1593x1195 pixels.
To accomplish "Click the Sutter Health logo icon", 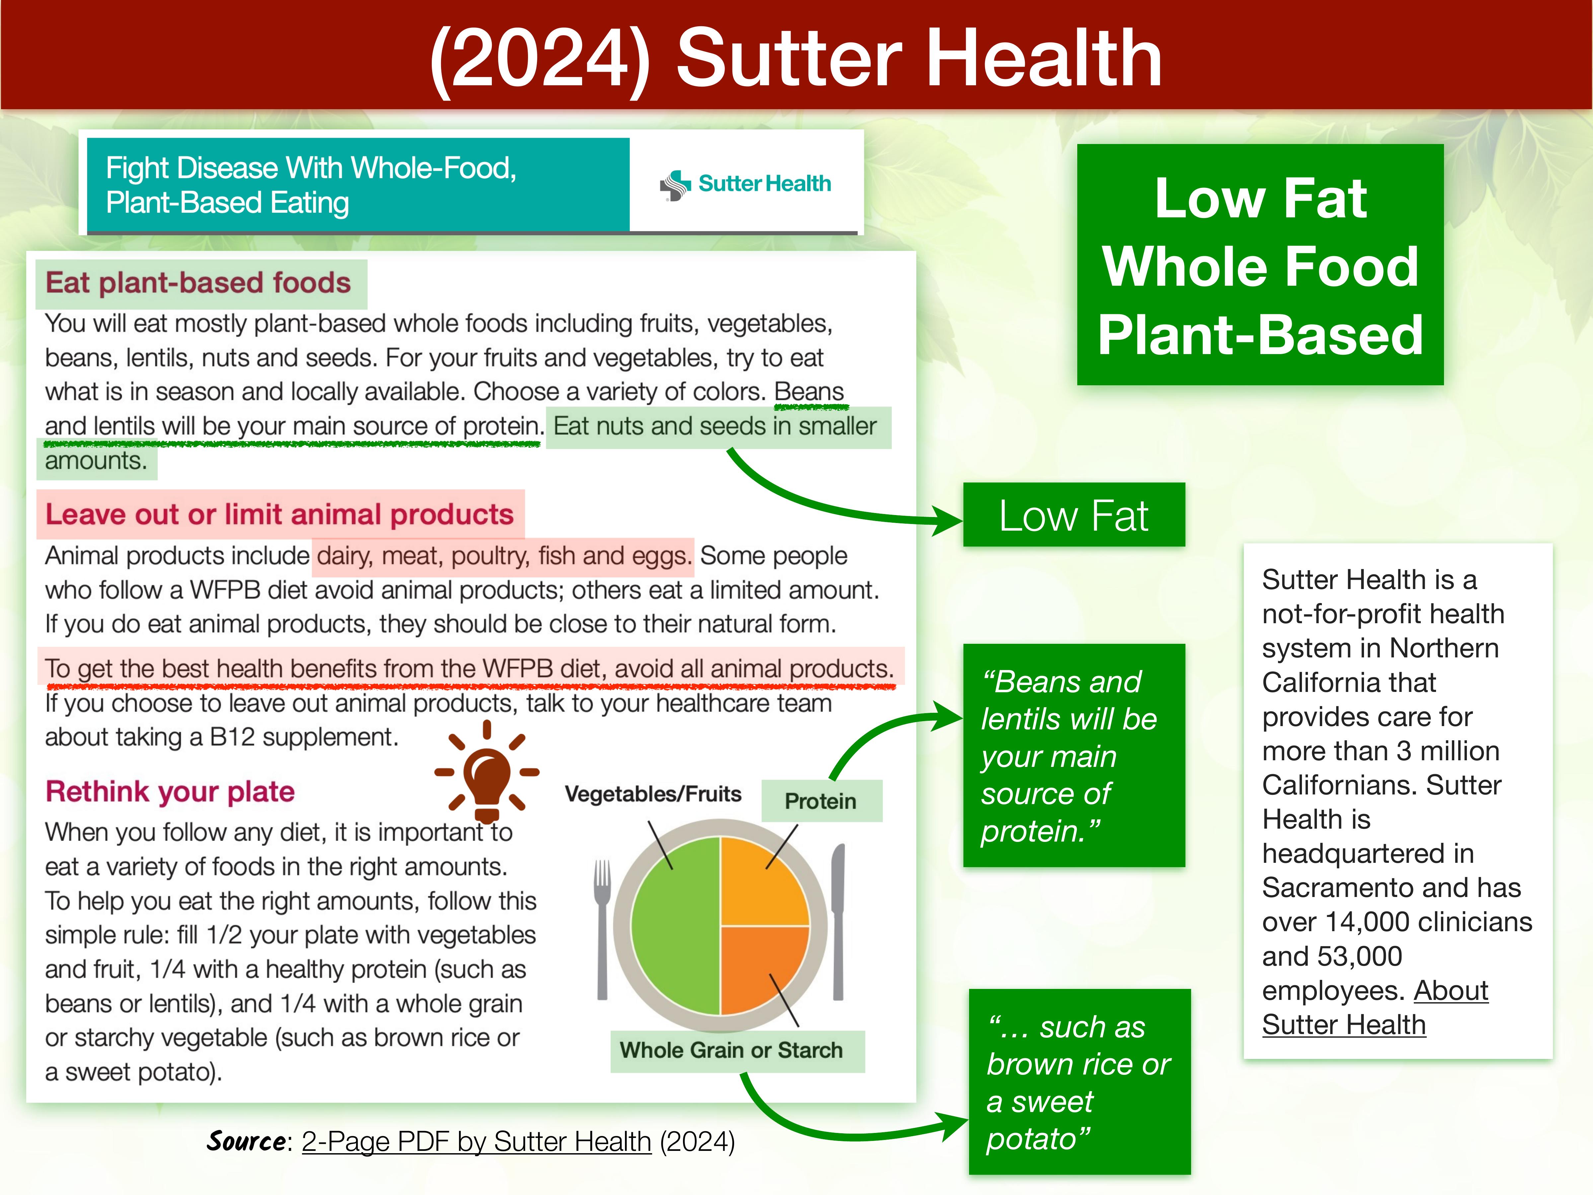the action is pos(675,185).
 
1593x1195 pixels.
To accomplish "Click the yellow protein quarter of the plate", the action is pos(764,882).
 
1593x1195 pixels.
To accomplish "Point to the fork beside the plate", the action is pos(602,929).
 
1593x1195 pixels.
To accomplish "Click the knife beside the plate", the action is pos(838,922).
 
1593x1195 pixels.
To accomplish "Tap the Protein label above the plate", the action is pos(821,801).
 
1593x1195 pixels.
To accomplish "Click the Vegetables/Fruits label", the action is pos(653,794).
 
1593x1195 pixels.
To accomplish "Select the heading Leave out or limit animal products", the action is pos(279,514).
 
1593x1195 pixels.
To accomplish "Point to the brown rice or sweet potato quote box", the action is pos(1080,1082).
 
